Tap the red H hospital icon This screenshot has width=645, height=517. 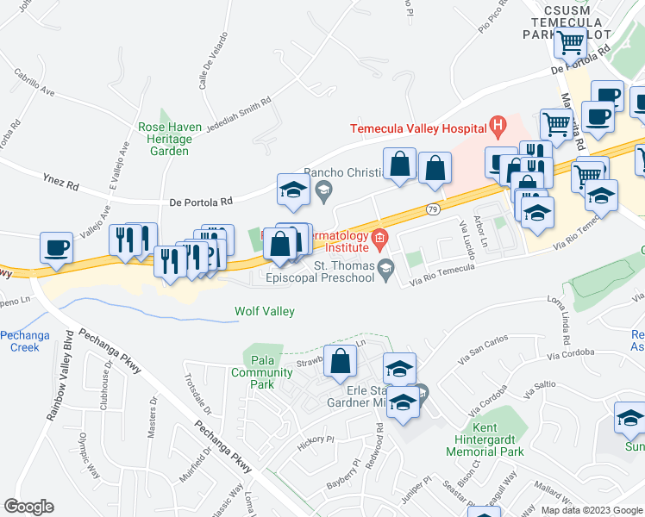click(x=497, y=128)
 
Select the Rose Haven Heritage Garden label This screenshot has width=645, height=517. click(x=170, y=139)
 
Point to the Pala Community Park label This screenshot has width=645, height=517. click(x=255, y=372)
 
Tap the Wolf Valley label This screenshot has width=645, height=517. click(x=266, y=311)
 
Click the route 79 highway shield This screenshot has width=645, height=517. click(x=434, y=209)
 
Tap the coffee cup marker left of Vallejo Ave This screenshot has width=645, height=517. click(x=57, y=248)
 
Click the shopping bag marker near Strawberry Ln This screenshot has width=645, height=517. click(x=341, y=362)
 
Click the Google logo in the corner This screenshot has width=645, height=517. click(x=28, y=507)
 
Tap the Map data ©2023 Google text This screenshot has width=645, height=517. click(x=591, y=510)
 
